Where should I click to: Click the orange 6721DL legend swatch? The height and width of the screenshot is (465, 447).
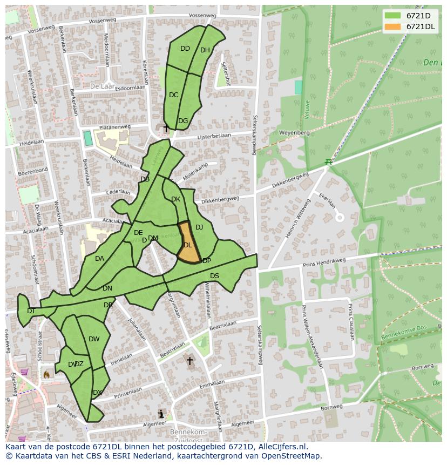393,26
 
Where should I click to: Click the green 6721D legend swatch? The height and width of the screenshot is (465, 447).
393,16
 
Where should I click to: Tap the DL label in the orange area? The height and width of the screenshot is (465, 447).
188,245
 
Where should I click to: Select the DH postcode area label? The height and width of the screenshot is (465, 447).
205,50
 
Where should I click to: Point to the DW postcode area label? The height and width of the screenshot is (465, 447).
94,339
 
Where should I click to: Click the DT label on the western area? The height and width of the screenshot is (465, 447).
31,311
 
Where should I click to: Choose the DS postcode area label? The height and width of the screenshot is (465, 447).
214,276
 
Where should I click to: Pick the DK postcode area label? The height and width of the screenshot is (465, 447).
175,199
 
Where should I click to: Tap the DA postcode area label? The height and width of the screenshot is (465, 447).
99,259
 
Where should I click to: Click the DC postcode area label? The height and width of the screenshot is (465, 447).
173,95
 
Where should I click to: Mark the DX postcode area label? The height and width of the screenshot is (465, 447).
97,393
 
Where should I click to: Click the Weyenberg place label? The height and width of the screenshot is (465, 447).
294,132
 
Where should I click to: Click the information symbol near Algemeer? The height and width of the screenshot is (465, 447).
161,414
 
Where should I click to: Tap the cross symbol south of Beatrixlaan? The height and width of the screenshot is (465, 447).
189,361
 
